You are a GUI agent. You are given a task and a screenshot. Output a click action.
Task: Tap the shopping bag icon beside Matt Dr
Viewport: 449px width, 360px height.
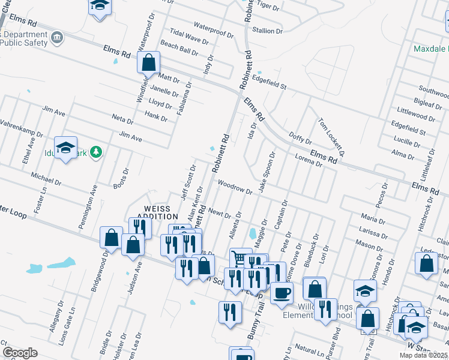(x=148, y=61)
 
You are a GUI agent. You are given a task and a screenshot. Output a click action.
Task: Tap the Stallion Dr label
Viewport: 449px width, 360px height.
(x=268, y=31)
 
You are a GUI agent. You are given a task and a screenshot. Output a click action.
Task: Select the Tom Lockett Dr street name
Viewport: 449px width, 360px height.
(x=331, y=137)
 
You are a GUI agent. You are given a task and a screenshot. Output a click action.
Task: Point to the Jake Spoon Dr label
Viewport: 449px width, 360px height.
(x=266, y=172)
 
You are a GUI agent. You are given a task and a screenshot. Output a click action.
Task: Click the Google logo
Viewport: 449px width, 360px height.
(x=20, y=352)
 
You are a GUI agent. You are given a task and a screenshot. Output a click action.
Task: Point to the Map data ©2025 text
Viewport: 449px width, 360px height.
(x=423, y=355)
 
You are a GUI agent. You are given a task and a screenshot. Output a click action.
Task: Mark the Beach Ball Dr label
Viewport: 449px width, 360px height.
(x=179, y=49)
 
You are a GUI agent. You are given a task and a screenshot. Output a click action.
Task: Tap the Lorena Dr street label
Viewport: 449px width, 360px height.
(x=309, y=161)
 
